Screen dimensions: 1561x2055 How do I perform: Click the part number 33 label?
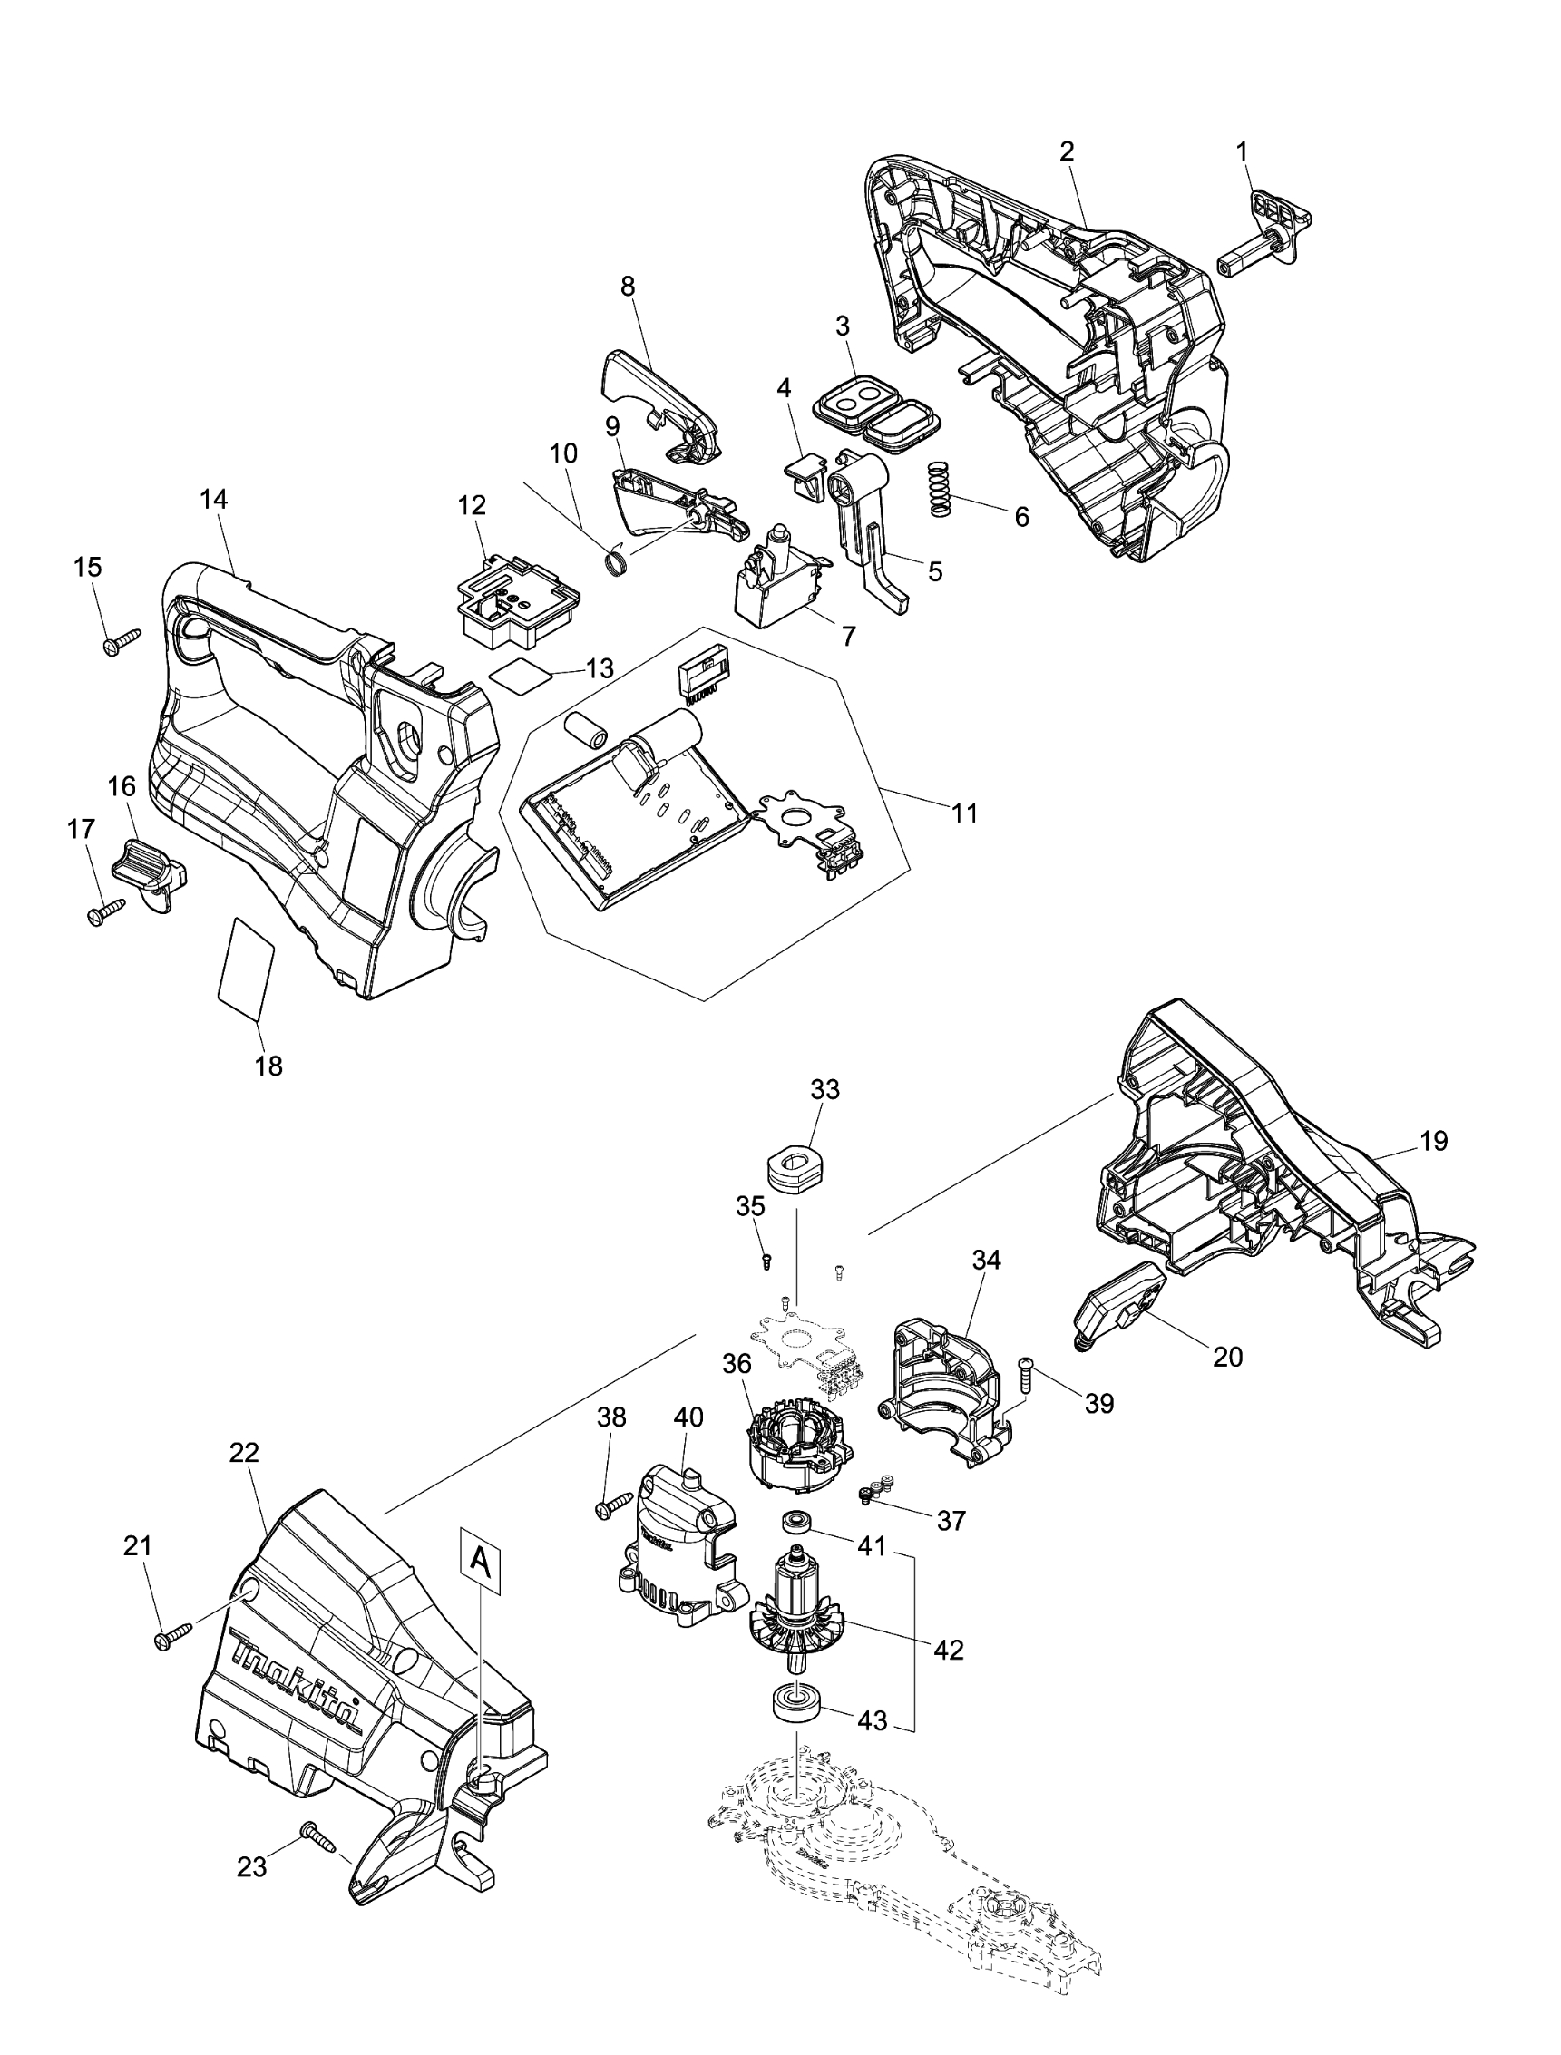pos(824,1089)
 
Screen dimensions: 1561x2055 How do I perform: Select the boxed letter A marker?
pos(480,1559)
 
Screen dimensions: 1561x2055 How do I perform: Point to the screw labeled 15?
pos(122,639)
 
